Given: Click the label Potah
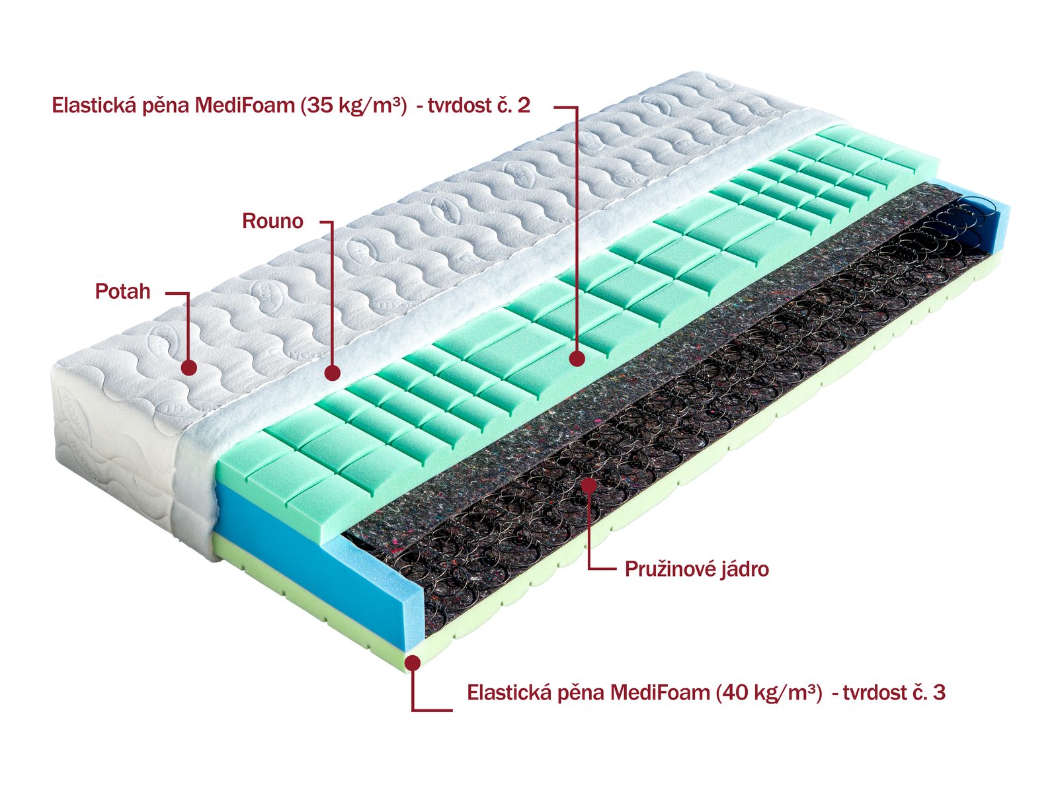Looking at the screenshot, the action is click(122, 292).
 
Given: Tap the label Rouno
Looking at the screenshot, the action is click(272, 221).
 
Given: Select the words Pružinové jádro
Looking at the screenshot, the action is click(696, 569).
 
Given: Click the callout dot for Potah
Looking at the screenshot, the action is click(189, 368).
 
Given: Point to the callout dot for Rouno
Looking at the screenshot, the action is click(333, 373).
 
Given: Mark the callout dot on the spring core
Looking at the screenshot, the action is click(589, 486).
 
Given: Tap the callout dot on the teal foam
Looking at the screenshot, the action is click(577, 358).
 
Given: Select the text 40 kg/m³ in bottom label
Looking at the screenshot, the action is click(769, 693).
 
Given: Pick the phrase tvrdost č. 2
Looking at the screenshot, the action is click(479, 106).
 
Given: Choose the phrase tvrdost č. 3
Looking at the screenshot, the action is click(894, 693).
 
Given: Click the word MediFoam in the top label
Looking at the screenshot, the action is click(245, 106).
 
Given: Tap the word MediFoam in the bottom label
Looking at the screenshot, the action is click(660, 693).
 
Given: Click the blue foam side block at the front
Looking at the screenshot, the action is click(318, 569).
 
